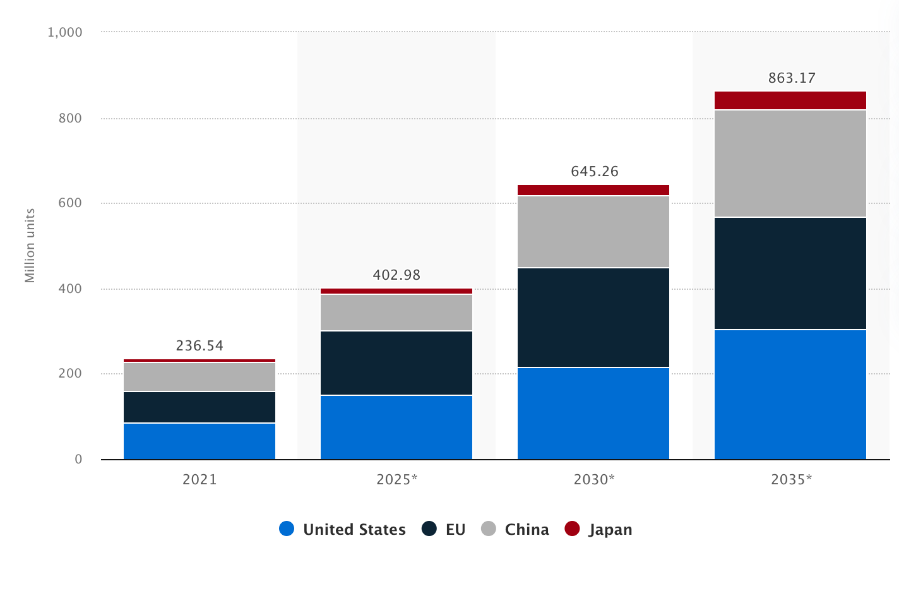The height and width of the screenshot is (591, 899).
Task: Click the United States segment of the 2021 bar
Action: pyautogui.click(x=199, y=441)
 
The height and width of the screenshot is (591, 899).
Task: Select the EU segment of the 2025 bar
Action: pyautogui.click(x=396, y=363)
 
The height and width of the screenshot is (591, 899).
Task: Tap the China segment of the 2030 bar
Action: pyautogui.click(x=593, y=232)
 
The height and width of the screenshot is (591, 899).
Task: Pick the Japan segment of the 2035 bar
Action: pyautogui.click(x=790, y=100)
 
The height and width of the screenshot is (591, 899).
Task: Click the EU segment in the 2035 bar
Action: pyautogui.click(x=790, y=273)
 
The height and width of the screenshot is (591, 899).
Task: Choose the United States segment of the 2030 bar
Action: pyautogui.click(x=593, y=413)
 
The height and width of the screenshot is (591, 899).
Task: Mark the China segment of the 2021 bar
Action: pyautogui.click(x=199, y=377)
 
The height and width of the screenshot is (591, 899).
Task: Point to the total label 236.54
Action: pyautogui.click(x=199, y=346)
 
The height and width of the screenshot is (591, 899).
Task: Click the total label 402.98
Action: pyautogui.click(x=396, y=275)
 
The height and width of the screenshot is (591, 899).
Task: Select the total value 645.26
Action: pyautogui.click(x=595, y=172)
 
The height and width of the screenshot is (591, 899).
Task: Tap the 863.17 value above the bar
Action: pyautogui.click(x=792, y=78)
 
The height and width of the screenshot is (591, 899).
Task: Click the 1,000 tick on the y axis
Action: pyautogui.click(x=65, y=32)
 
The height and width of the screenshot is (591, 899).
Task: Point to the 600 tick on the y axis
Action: pyautogui.click(x=70, y=203)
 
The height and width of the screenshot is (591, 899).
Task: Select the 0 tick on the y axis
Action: pyautogui.click(x=78, y=460)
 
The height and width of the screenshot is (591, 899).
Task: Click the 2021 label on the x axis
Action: pyautogui.click(x=199, y=480)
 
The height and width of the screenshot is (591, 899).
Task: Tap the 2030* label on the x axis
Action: pyautogui.click(x=594, y=480)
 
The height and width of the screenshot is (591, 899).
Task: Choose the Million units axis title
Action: pyautogui.click(x=30, y=246)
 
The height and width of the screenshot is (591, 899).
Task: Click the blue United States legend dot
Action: pyautogui.click(x=287, y=529)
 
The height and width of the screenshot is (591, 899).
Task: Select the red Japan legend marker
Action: pyautogui.click(x=572, y=529)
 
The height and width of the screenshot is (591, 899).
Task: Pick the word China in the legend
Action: pyautogui.click(x=527, y=530)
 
